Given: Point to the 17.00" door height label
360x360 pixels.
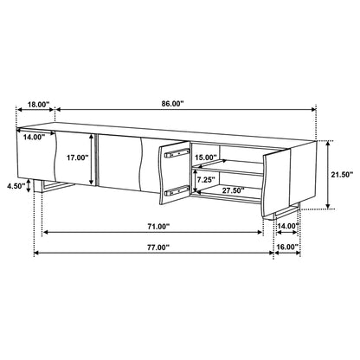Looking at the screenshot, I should coord(76,158).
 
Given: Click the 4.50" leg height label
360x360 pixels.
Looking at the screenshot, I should coord(15,184).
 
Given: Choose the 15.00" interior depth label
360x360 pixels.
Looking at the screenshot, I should coord(206,158).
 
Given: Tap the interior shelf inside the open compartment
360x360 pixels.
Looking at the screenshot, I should coord(229,170).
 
